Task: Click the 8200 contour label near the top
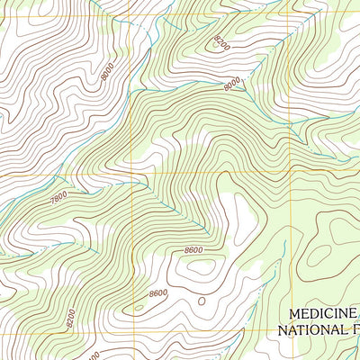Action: [221, 42]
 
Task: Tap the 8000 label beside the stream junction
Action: [232, 83]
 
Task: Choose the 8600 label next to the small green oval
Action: [158, 293]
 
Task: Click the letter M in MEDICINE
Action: [293, 314]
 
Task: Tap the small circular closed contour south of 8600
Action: [202, 301]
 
